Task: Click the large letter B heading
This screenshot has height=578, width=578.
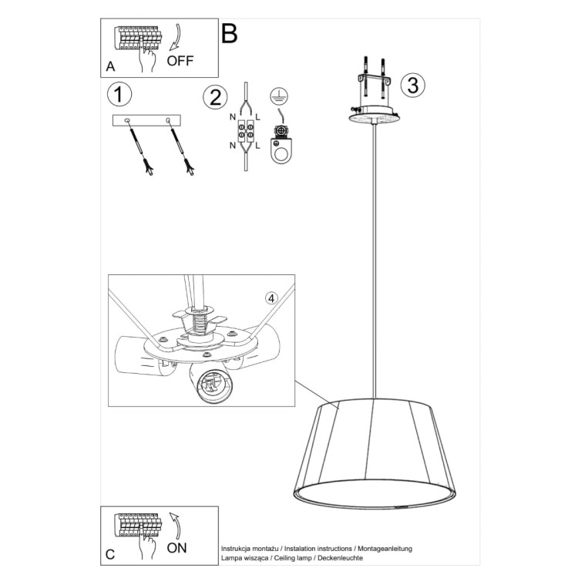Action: pos(230,34)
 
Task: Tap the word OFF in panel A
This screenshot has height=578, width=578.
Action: pos(180,61)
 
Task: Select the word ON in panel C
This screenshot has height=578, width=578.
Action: pos(176,548)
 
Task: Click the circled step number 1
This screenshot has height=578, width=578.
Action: pos(119,94)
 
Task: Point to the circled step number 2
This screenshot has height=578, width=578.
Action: pos(215,97)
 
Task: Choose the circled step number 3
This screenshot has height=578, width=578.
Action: pos(413,85)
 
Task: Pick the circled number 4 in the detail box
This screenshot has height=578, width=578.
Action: pos(271,298)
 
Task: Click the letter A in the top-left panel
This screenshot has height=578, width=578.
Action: pos(110,67)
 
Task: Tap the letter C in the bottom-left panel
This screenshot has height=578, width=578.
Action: pos(110,555)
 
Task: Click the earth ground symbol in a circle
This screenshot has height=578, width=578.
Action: pos(279,96)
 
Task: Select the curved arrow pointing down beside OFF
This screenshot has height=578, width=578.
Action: pos(175,37)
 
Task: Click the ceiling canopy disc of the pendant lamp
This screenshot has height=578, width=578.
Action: pos(374,118)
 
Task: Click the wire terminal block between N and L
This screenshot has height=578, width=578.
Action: pos(246,132)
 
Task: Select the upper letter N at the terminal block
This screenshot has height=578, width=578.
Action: pos(233,117)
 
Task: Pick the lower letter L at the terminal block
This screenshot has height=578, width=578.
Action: pos(257,146)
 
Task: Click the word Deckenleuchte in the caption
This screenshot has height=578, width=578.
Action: pos(340,558)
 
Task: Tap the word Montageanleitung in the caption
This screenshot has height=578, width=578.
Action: pos(385,549)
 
